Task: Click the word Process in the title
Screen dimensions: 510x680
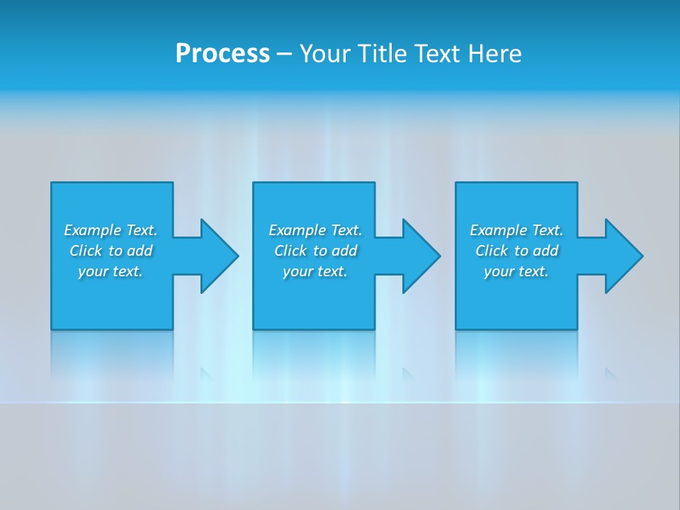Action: [x=222, y=54]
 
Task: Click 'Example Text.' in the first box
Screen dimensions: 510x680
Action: [x=110, y=230]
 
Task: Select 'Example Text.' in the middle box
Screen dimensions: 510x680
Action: [x=315, y=230]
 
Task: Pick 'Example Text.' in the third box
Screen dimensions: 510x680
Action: [x=516, y=230]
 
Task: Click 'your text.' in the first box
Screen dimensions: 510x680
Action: [x=110, y=271]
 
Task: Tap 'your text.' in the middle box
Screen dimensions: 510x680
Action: [x=315, y=271]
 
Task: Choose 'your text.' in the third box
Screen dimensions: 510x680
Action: [x=516, y=271]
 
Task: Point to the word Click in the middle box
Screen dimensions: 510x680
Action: [x=290, y=251]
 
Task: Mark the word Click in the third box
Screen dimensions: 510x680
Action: [x=492, y=251]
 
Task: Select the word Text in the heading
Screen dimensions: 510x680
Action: [x=436, y=54]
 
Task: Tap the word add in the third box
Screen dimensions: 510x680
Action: [x=545, y=251]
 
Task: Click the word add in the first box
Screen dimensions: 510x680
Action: [x=140, y=251]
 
